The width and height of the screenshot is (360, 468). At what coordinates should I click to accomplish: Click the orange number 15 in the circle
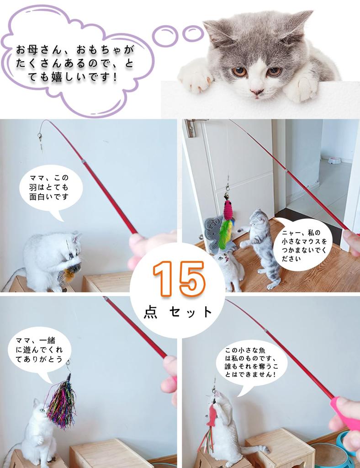[x=179, y=279]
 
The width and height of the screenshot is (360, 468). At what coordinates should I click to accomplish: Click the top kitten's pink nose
[x=256, y=92]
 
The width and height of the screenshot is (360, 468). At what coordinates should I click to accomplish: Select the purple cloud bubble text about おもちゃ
[x=75, y=62]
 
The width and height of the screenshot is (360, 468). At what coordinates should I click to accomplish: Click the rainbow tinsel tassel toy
[x=61, y=404]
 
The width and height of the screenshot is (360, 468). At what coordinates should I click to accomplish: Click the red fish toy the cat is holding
[x=211, y=415]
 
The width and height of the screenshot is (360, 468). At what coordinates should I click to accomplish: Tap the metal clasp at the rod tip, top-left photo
[x=40, y=137]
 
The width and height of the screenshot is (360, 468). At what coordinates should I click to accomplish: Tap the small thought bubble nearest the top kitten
[x=192, y=33]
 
